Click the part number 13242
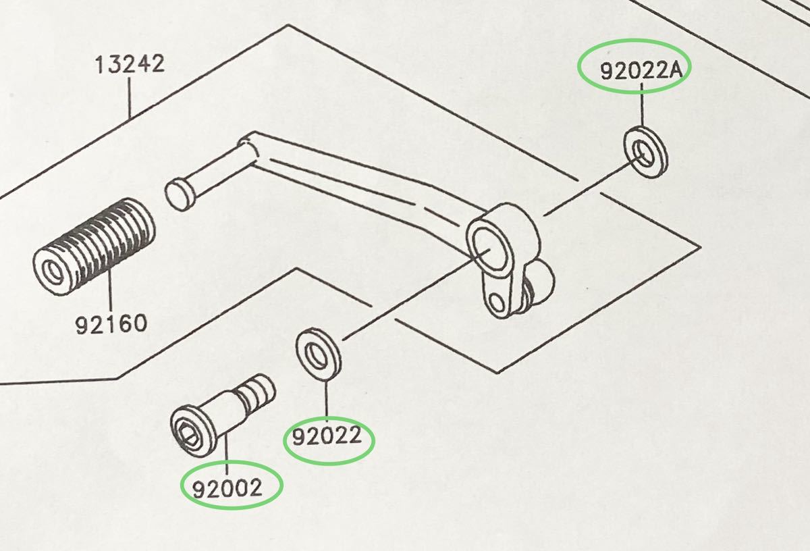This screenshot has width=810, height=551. coord(130,64)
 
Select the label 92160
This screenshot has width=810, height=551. coord(111,324)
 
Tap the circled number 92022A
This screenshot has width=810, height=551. coord(641,70)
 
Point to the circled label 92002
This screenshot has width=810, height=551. coord(227,488)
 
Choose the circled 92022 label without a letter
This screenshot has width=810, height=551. coord(327,436)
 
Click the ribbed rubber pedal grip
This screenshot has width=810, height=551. coord(94,246)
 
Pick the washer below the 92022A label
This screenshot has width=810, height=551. coord(645,153)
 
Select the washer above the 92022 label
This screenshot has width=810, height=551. coord(318,355)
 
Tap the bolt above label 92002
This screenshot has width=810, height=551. coord(223,415)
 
